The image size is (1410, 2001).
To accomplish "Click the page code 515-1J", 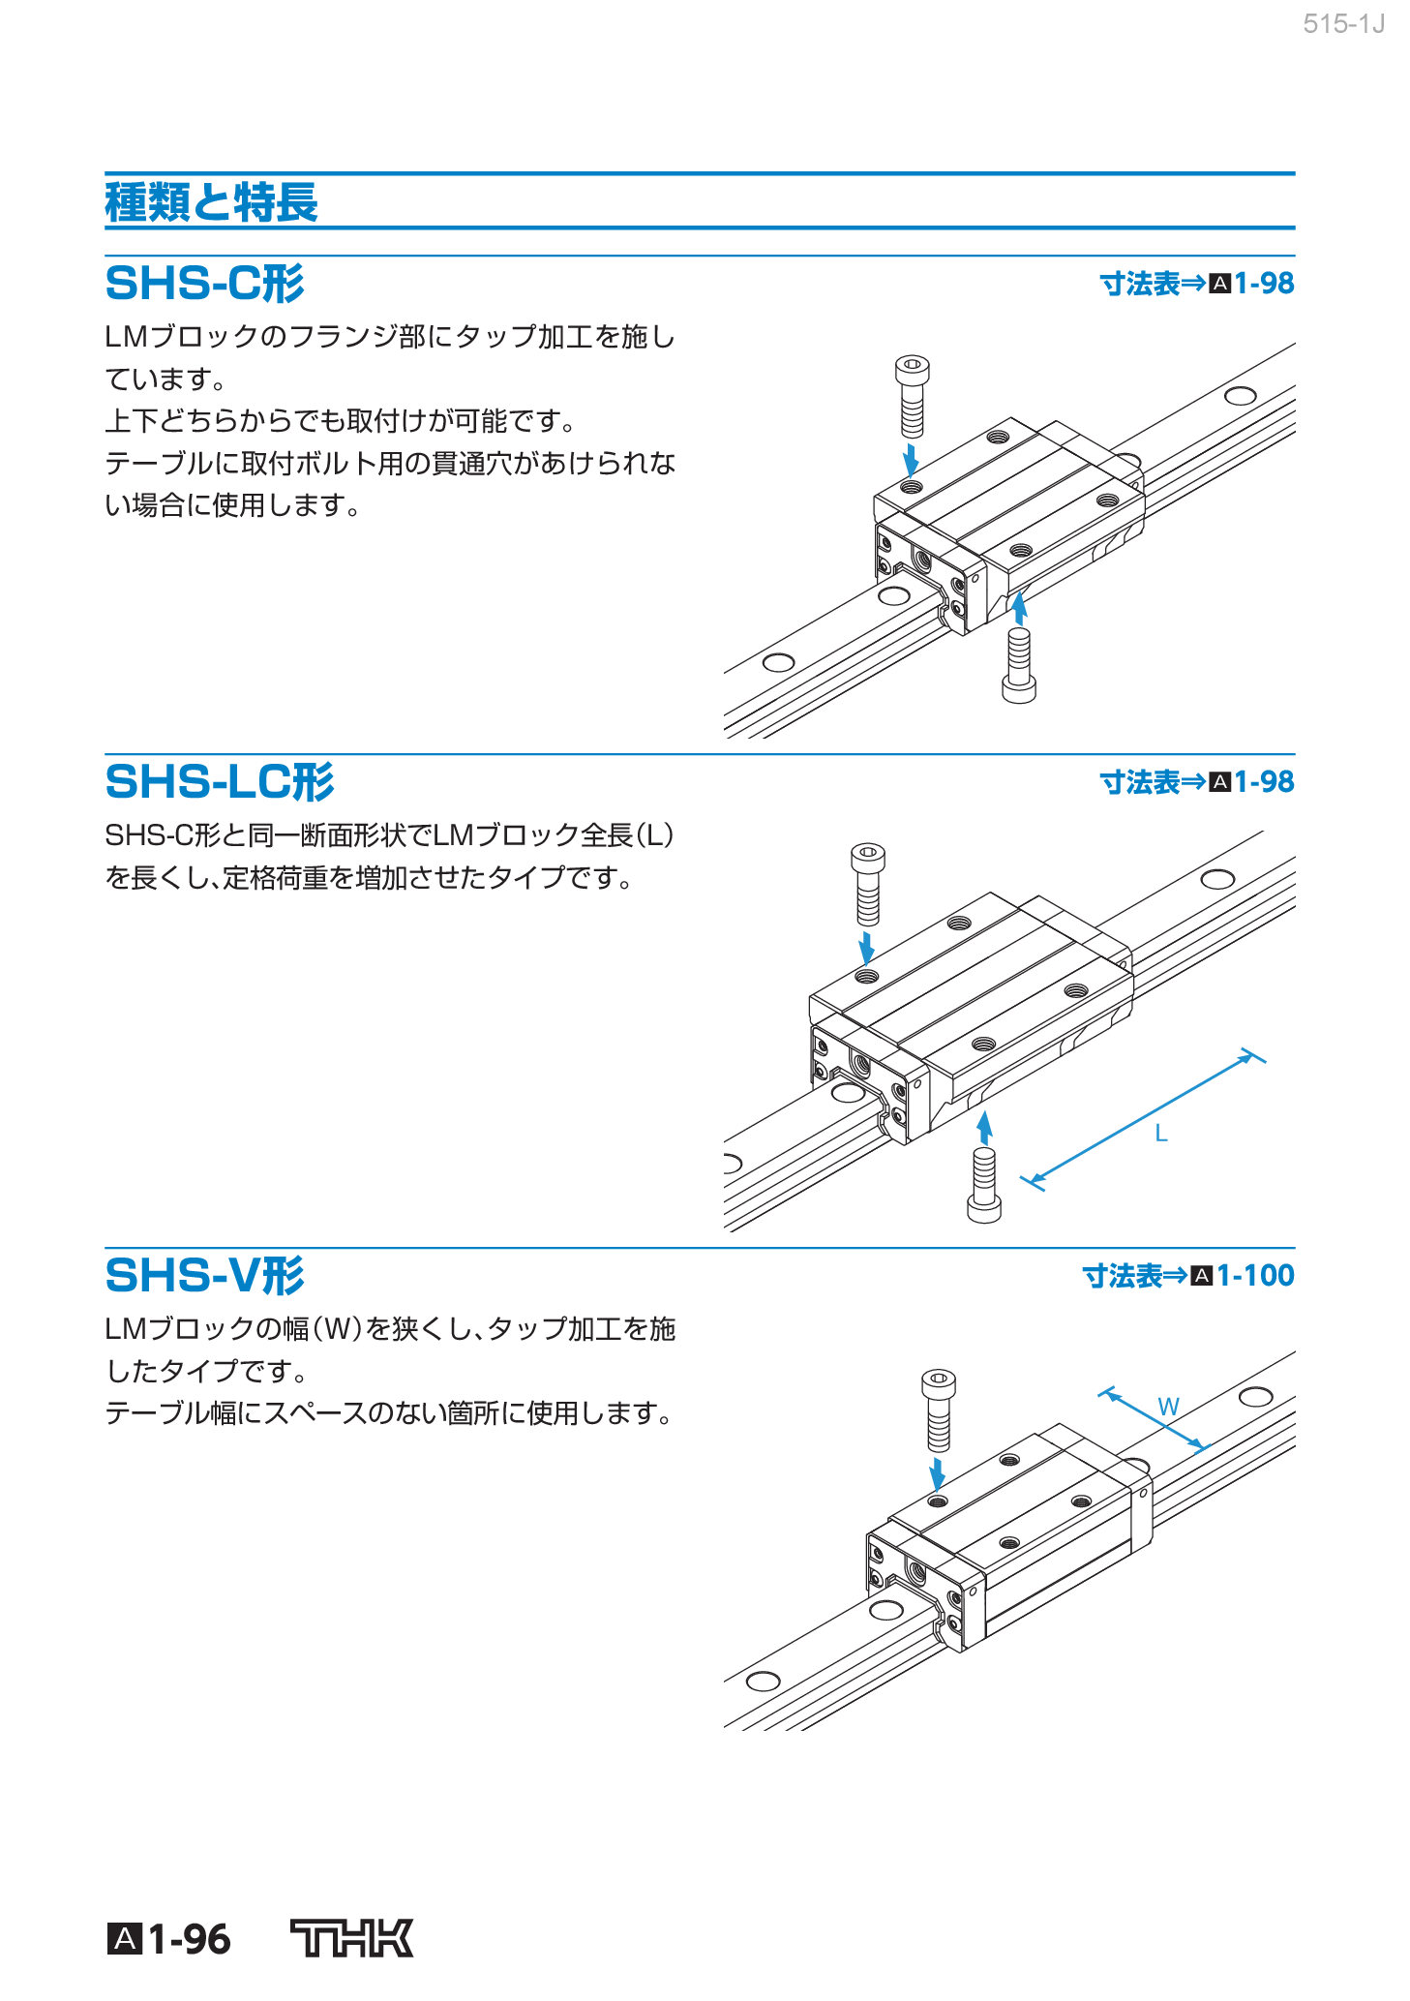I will [1343, 24].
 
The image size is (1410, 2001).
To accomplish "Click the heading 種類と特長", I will [211, 202].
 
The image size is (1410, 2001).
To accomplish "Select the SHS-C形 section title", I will [204, 284].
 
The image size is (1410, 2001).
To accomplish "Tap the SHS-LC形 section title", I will [219, 781].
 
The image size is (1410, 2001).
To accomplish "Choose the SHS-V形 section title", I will [204, 1275].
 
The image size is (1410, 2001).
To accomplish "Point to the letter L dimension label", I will [1161, 1134].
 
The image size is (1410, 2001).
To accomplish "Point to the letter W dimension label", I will [1168, 1407].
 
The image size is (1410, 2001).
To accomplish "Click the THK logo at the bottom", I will [352, 1938].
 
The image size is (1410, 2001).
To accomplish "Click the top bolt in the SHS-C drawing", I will [912, 396].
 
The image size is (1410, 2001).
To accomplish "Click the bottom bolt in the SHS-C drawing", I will [1018, 665].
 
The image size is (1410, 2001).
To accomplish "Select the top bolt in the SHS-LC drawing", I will [867, 884].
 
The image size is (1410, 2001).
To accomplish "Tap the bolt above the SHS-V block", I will [938, 1410].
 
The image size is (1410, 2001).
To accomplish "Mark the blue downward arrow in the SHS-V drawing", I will [937, 1474].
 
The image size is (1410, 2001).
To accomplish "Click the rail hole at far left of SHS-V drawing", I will [763, 1680].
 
